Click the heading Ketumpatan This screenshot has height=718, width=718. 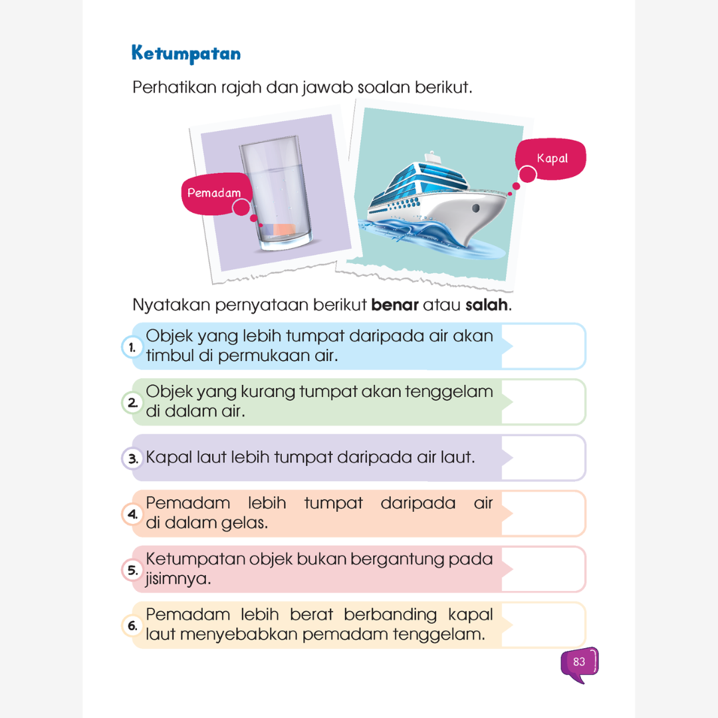coord(186,54)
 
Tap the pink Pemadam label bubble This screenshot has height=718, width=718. coord(213,194)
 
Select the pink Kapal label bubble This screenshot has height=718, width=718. coord(552,159)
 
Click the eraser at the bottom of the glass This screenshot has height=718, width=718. coord(283,229)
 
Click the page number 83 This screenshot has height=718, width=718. coord(578,662)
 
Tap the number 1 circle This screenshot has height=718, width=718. coord(132,347)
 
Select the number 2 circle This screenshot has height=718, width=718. coord(132,403)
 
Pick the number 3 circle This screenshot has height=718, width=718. coord(132,458)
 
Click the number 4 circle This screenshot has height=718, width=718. coord(132,514)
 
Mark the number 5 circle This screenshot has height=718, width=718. coord(132,570)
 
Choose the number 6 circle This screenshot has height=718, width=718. coord(132,626)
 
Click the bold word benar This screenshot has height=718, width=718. coord(394,306)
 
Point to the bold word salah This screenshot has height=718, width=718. coord(487,306)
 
